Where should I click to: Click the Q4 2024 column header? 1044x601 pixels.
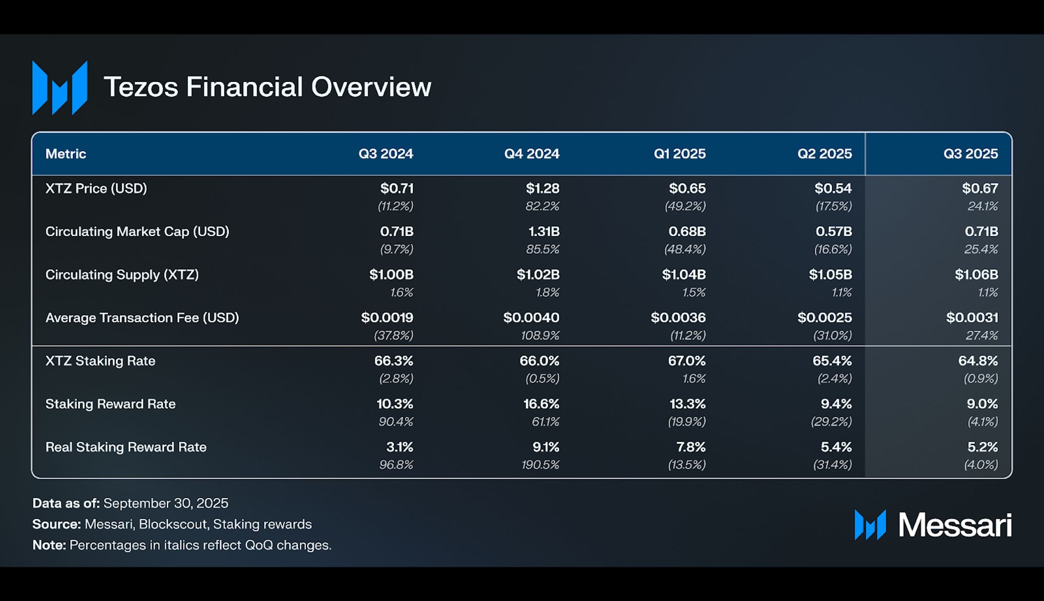[531, 154]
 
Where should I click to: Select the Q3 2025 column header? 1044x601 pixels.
[970, 154]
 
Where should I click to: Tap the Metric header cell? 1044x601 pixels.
[66, 154]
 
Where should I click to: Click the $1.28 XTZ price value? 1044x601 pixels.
[542, 188]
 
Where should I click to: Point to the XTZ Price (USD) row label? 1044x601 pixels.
[96, 188]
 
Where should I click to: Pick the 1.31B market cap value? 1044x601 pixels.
[543, 231]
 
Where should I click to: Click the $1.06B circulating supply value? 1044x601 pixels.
[976, 275]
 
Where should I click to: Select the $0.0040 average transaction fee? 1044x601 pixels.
[531, 318]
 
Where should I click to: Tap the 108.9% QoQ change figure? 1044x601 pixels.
[540, 336]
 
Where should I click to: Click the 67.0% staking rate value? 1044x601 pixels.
[686, 361]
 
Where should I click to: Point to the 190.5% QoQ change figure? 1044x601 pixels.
[540, 465]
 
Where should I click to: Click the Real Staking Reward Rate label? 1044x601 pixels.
[126, 447]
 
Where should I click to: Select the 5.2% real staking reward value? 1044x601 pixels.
[982, 447]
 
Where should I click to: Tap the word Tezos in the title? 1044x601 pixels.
[141, 87]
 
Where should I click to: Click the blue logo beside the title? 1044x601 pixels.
[59, 88]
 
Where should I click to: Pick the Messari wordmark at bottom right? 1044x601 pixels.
[954, 525]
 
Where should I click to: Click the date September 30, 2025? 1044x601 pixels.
[166, 503]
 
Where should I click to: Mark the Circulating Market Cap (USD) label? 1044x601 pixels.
[137, 231]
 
